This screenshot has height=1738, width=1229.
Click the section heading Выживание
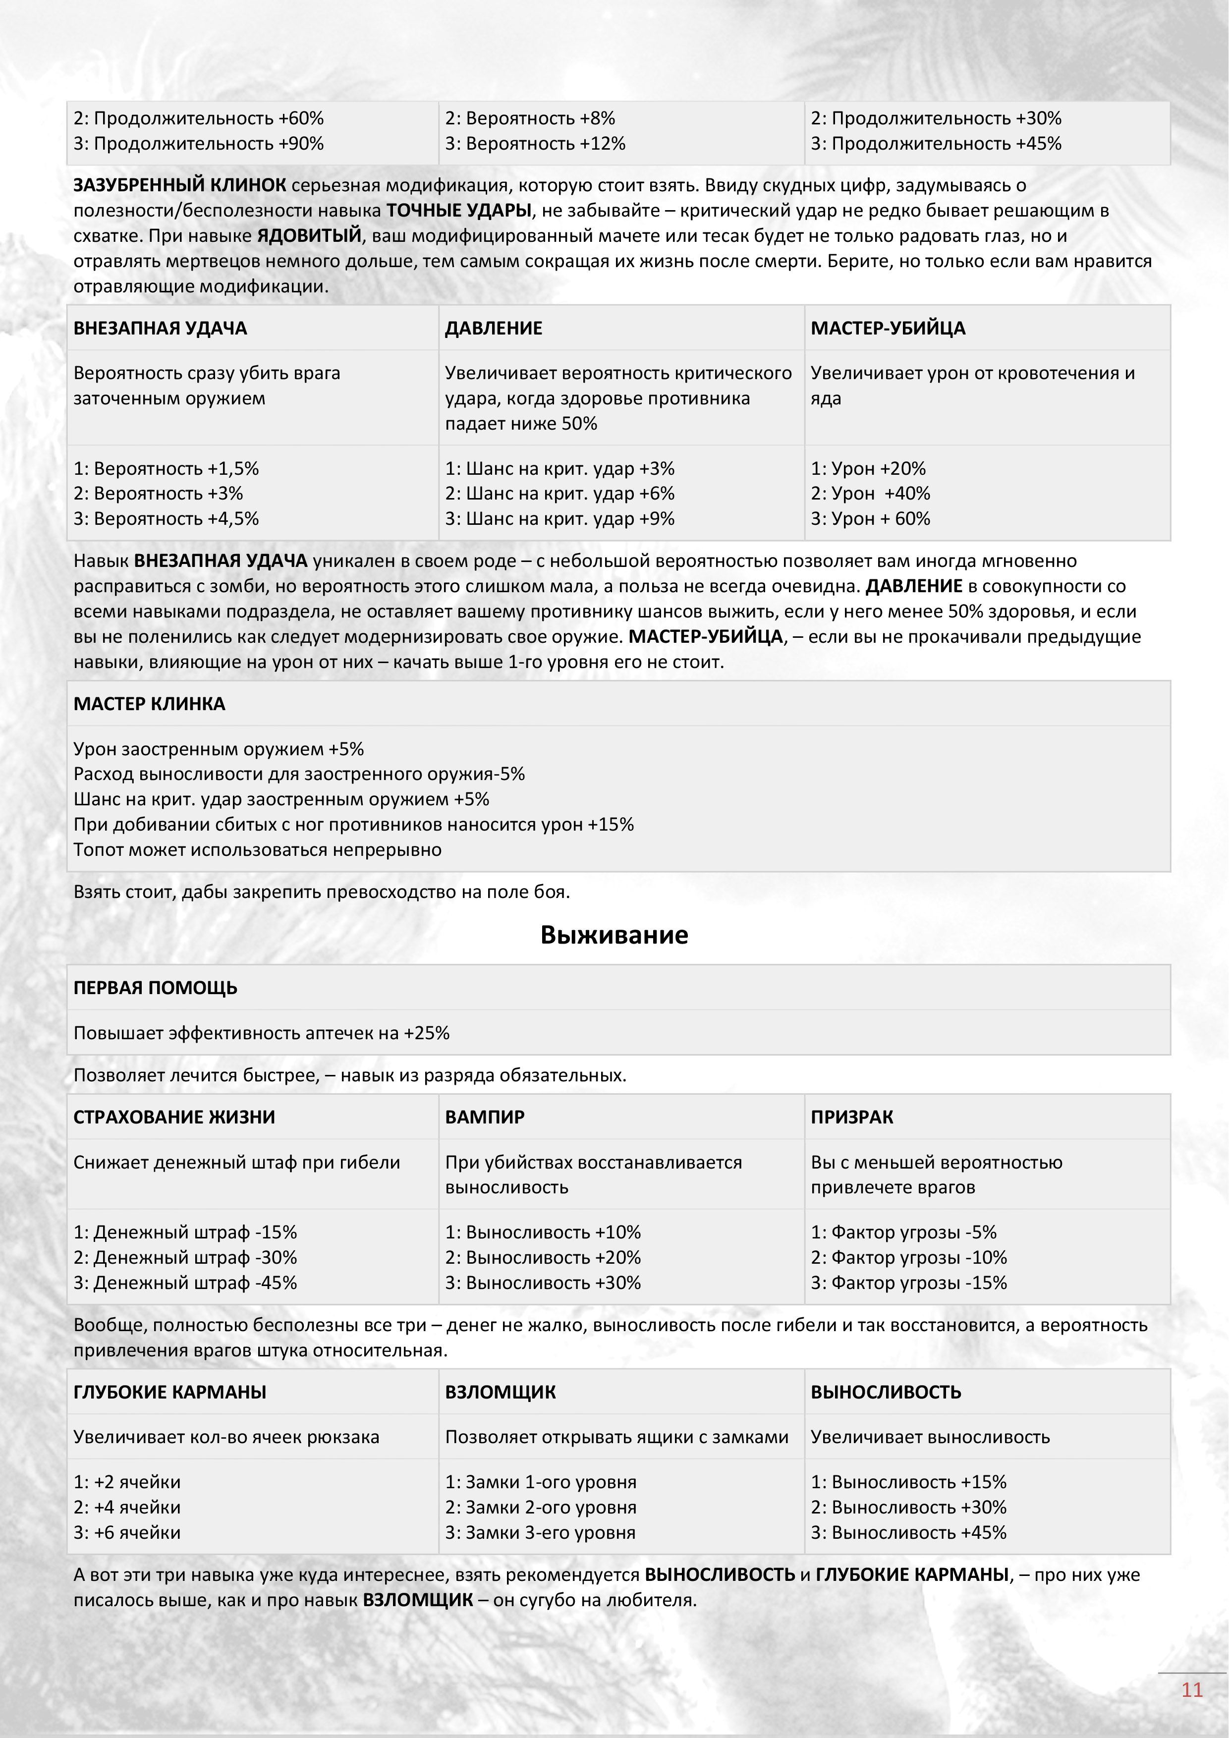point(614,935)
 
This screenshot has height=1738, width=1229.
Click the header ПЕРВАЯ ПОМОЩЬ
point(155,987)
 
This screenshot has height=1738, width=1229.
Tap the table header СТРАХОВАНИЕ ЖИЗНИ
point(174,1117)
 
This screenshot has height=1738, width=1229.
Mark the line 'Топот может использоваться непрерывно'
point(257,849)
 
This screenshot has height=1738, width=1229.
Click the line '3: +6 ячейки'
point(127,1532)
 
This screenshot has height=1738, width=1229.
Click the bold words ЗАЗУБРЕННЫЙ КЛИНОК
point(179,185)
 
